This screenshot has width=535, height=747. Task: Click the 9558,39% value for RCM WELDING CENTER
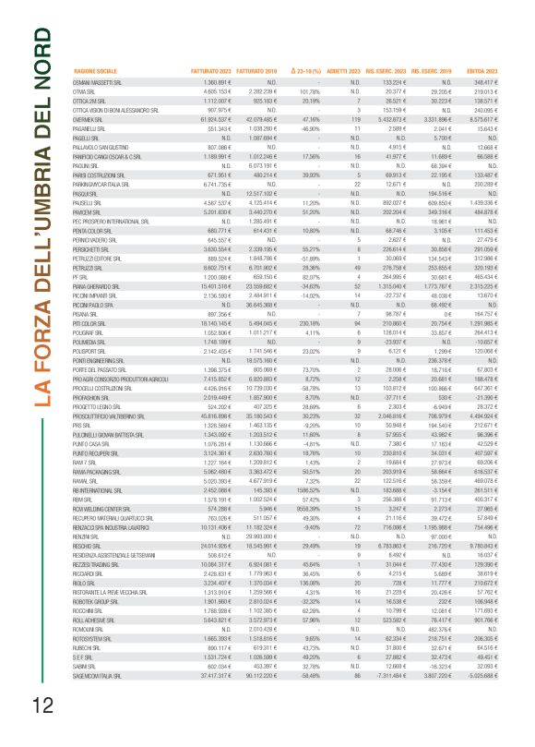coord(304,560)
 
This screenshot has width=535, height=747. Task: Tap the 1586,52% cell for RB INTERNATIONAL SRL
coord(304,540)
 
